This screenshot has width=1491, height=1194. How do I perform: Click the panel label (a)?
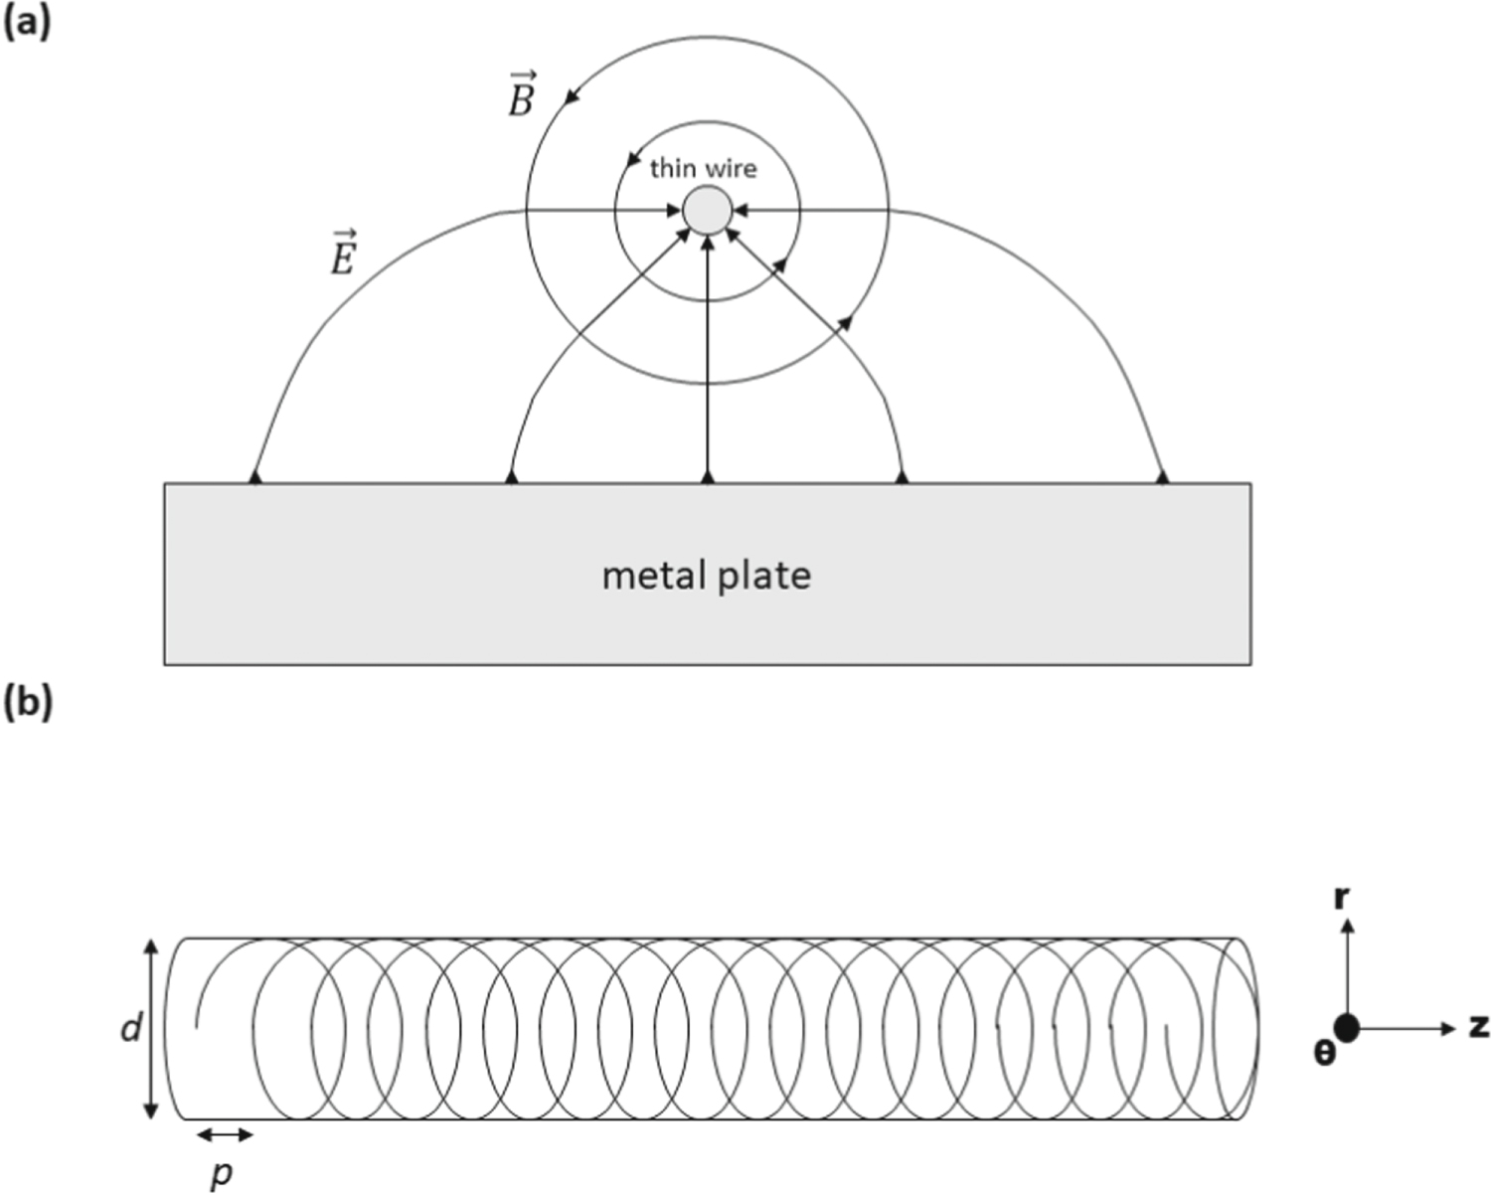click(x=27, y=22)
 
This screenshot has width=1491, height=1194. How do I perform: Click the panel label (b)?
click(x=27, y=703)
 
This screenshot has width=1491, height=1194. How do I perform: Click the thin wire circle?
click(x=708, y=211)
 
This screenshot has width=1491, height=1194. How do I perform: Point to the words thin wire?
click(x=703, y=169)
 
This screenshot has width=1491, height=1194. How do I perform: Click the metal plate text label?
click(x=706, y=576)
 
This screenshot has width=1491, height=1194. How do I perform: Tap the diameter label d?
click(x=130, y=1029)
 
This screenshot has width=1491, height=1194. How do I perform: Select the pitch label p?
click(x=223, y=1173)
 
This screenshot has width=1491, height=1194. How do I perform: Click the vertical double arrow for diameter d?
click(x=151, y=1028)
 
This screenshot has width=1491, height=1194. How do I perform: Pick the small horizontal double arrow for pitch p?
click(x=225, y=1134)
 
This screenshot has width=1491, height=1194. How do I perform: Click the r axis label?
click(x=1341, y=898)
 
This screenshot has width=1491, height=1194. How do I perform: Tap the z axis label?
click(x=1478, y=1027)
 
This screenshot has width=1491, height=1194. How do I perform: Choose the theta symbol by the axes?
click(x=1324, y=1053)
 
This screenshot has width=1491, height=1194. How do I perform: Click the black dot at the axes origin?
click(x=1347, y=1028)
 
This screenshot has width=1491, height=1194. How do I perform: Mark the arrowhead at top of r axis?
click(x=1347, y=925)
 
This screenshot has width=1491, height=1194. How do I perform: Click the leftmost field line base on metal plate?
click(x=255, y=478)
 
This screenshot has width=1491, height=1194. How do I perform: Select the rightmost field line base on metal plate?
click(x=1162, y=478)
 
